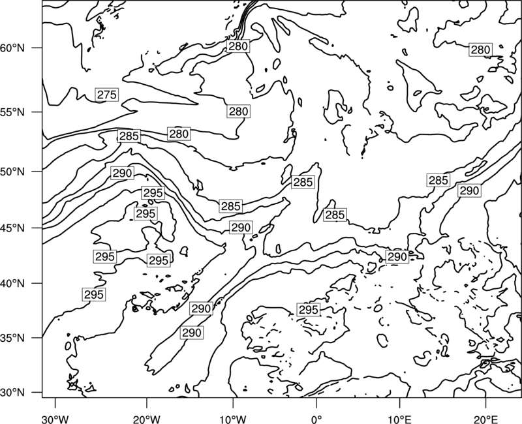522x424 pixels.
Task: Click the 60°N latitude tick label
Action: point(12,48)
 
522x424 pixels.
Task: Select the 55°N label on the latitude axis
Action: point(12,112)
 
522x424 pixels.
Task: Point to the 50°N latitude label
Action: point(12,172)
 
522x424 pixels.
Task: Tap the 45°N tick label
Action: point(12,228)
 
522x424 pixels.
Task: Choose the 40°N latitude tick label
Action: point(12,284)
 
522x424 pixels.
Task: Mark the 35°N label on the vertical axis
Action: point(12,338)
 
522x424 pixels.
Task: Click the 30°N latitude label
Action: point(12,393)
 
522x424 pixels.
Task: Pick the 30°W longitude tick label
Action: point(55,419)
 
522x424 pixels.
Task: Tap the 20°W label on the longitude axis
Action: point(146,419)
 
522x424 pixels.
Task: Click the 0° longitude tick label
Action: point(316,419)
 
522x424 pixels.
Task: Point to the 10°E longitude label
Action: point(399,419)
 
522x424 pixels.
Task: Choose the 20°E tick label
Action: point(485,419)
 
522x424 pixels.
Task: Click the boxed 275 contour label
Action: point(107,95)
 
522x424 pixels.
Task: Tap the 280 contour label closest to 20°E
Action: point(480,50)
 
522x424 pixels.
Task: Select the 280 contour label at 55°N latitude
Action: point(239,112)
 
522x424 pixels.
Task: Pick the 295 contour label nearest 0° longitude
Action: point(309,310)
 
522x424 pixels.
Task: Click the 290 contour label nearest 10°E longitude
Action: point(397,257)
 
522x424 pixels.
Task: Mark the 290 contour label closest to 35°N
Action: point(192,333)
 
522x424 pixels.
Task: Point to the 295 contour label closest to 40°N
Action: point(94,295)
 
